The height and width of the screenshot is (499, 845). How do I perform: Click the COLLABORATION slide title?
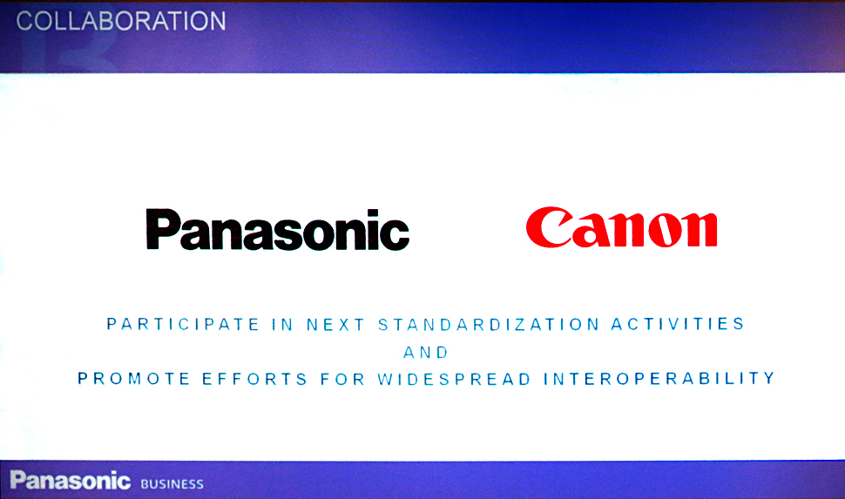pos(121,22)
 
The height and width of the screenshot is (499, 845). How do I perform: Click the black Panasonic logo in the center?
pos(278,230)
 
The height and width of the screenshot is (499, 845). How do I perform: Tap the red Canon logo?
pos(621,227)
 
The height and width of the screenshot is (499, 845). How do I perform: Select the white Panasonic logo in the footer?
pos(70,480)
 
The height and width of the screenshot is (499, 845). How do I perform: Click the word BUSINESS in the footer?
pos(172,484)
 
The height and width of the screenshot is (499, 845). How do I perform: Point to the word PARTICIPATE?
pos(183,325)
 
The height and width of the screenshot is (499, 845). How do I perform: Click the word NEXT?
pos(335,325)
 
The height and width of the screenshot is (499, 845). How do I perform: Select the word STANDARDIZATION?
pos(489,325)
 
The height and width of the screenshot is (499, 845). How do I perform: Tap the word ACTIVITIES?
pos(678,324)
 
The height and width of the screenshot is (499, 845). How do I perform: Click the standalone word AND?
pos(426,353)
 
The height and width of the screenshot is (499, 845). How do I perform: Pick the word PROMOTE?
pos(133,379)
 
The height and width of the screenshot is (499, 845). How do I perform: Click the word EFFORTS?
pos(255,379)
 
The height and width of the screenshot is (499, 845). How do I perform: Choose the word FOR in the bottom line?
pos(342,379)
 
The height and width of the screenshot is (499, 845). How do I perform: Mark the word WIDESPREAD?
pos(454,379)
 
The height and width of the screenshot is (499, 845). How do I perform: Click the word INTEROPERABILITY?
pos(659,378)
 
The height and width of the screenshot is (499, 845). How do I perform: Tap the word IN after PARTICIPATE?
pos(282,325)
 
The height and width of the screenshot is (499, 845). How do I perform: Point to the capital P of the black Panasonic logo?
pos(163,229)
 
